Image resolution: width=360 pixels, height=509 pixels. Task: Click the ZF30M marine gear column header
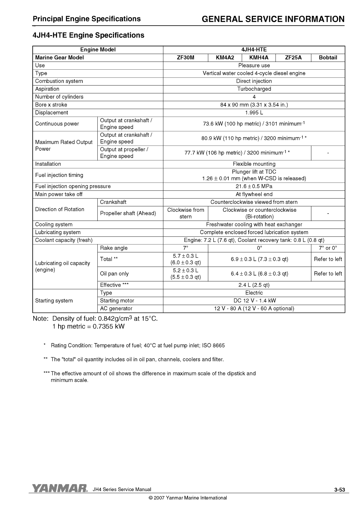185,58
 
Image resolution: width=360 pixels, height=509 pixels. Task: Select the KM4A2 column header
225,58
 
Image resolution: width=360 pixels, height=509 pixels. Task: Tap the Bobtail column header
328,58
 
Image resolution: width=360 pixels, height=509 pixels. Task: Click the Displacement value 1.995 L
254,113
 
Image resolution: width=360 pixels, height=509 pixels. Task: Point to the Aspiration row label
47,89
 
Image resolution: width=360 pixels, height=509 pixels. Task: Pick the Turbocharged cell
254,89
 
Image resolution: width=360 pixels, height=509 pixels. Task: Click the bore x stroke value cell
254,105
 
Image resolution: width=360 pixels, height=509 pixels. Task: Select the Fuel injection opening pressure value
254,186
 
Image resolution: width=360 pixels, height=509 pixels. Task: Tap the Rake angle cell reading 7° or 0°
328,248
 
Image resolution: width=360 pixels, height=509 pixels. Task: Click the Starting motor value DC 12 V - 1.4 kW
254,301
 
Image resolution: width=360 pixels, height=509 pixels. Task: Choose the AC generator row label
116,308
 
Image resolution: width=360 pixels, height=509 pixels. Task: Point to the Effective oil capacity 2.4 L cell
254,285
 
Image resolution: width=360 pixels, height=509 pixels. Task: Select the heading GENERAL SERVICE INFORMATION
273,19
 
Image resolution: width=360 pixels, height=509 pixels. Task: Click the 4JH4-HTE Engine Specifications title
88,35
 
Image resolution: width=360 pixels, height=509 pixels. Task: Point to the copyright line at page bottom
188,498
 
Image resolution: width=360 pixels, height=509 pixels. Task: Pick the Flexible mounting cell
254,164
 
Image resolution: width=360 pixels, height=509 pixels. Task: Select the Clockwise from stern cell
185,213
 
